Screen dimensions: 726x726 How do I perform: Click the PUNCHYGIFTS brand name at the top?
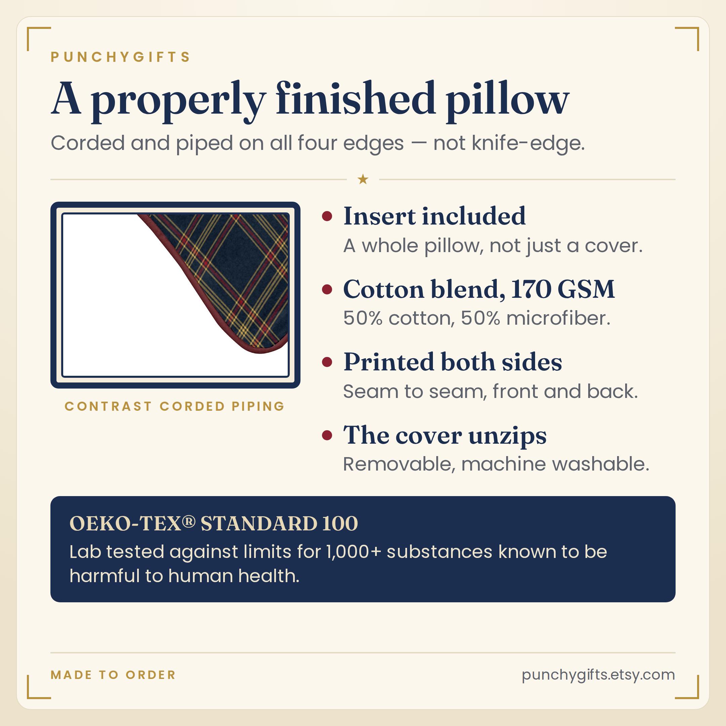[121, 57]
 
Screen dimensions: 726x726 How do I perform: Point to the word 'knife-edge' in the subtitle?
[528, 143]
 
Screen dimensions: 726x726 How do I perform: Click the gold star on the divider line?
[363, 179]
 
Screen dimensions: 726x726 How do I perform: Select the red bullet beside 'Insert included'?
[327, 216]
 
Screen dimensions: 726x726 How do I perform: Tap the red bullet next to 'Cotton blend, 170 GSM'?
[327, 289]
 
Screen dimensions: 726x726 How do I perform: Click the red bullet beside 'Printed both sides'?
[327, 362]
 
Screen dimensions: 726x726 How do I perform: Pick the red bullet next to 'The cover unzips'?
[327, 435]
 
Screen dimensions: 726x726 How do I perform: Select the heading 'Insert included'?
[434, 216]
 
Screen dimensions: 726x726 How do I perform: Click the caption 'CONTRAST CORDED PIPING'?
[175, 406]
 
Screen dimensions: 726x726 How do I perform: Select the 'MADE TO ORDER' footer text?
[113, 675]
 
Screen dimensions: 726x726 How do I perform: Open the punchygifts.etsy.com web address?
[598, 675]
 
